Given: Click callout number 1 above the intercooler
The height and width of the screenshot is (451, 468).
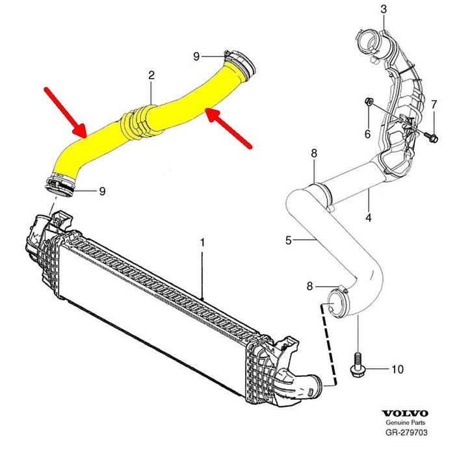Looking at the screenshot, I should point(202,242).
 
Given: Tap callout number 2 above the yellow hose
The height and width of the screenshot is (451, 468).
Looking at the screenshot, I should point(151,76).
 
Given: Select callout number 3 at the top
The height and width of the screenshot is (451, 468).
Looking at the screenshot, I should point(383,8).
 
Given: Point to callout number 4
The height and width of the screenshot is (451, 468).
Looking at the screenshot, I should point(369,218).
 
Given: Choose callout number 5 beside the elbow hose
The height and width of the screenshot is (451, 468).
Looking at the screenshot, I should point(288,240).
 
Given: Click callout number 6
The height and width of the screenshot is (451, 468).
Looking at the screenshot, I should point(367,133).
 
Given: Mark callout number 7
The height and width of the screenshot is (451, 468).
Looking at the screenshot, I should point(434,104).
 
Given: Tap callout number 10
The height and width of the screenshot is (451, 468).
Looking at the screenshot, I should point(397,369).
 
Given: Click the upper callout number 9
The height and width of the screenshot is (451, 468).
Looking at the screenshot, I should point(196,56).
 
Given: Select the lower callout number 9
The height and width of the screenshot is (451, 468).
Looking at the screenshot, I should point(101,191).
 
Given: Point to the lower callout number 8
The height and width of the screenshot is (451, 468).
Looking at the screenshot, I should point(310,285).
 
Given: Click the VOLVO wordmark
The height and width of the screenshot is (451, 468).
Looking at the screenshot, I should point(404,413).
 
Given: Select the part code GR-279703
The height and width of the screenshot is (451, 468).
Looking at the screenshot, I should point(404,432).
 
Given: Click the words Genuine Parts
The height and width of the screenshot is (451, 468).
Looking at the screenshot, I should point(404,422).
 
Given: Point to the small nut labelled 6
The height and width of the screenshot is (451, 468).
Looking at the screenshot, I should point(368,101).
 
